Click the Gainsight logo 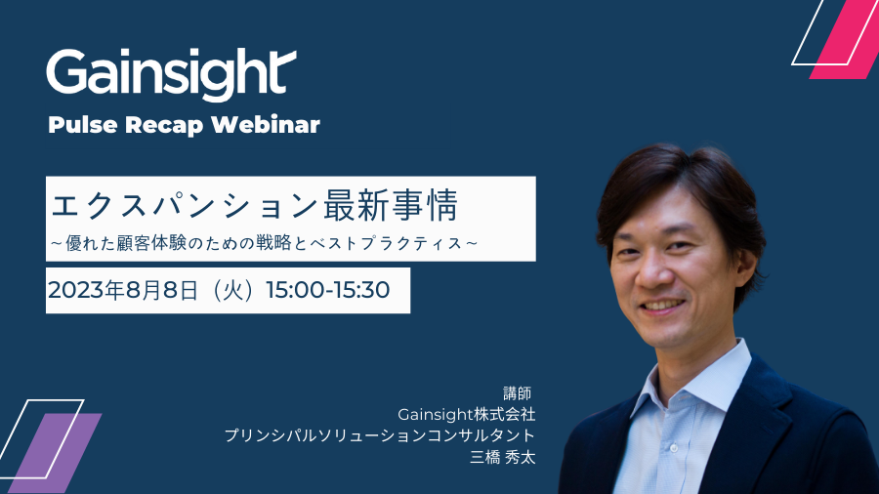point(171,74)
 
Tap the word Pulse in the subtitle point(83,125)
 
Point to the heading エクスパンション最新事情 point(255,206)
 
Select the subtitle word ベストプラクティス point(386,243)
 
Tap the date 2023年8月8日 point(123,290)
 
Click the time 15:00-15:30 point(328,290)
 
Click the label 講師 point(517,393)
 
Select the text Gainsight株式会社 point(467,415)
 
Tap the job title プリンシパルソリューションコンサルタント point(380,435)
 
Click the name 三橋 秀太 point(503,457)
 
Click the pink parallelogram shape point(844,39)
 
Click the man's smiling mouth point(663,306)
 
